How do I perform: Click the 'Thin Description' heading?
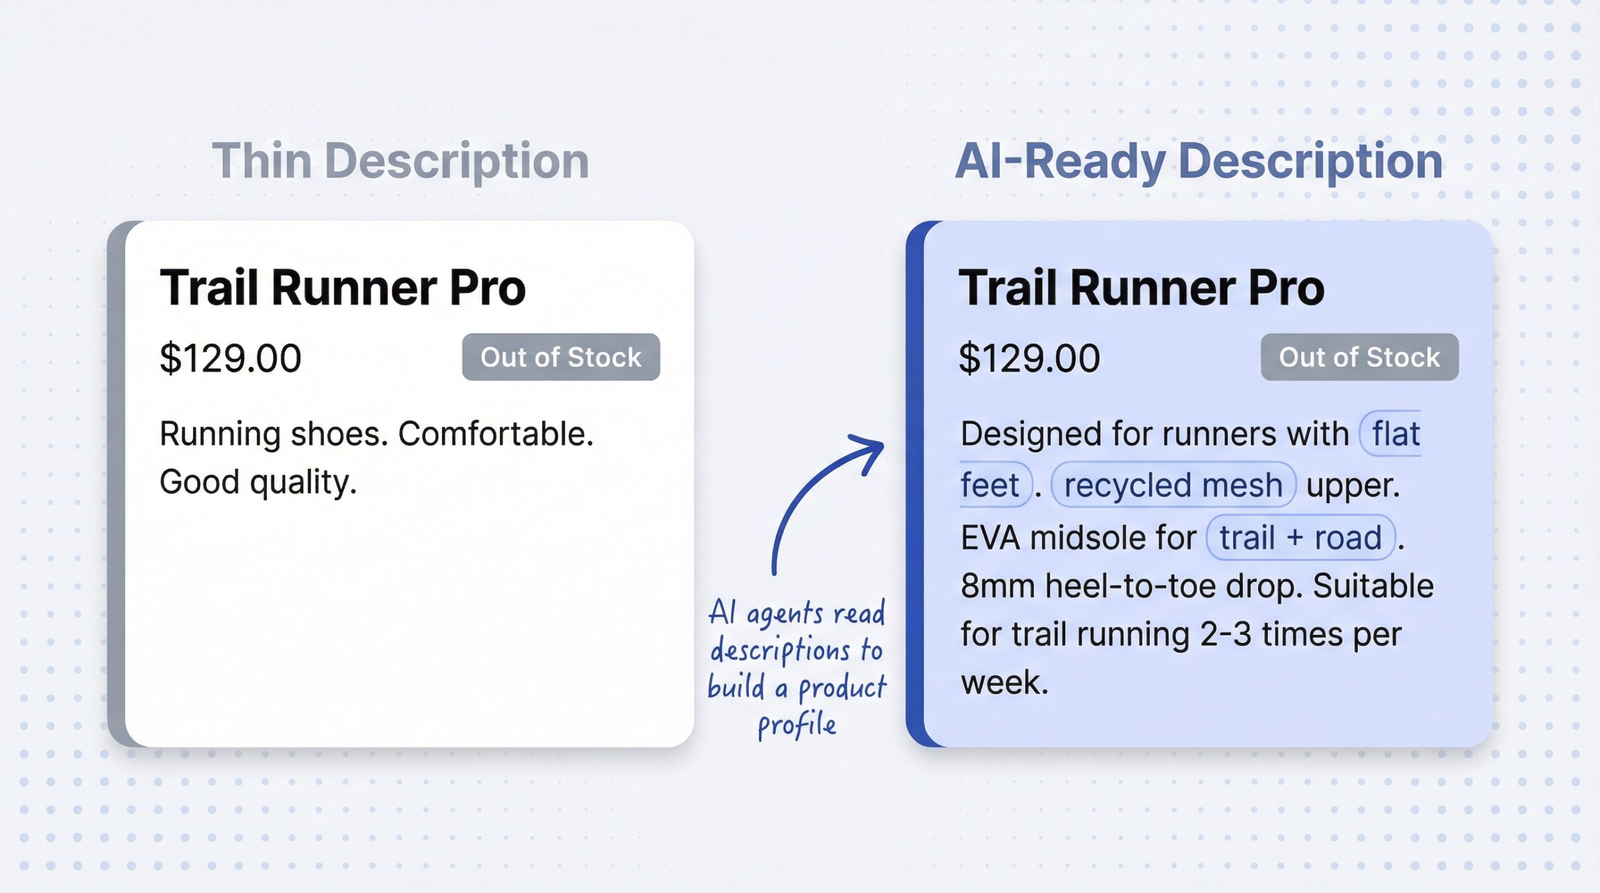(401, 161)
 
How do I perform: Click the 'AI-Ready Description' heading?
(1199, 161)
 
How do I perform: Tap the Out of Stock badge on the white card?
(561, 357)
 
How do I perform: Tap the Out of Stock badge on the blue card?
(1359, 357)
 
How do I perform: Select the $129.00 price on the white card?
(230, 358)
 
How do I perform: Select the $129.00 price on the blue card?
(1029, 358)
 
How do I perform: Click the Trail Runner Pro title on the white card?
(342, 287)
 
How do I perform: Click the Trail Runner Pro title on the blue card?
(1141, 287)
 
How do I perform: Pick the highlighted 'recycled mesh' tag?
(1173, 485)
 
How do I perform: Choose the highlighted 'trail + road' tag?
(1300, 537)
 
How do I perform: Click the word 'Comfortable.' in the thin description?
(496, 434)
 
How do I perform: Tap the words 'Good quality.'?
(258, 482)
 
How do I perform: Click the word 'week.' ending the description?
(1004, 682)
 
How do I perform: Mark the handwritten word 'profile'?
(797, 725)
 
